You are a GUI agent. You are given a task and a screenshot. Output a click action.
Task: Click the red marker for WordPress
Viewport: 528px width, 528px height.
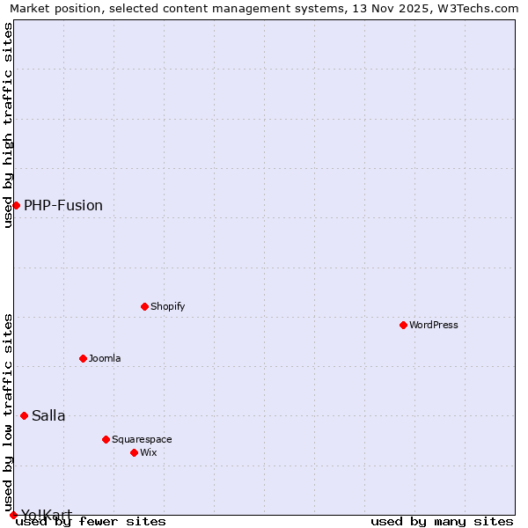tap(403, 325)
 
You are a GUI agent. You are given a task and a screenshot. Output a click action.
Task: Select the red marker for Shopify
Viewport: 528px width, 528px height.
tap(144, 306)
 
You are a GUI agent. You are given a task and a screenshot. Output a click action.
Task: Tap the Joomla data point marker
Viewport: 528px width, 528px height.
tap(83, 358)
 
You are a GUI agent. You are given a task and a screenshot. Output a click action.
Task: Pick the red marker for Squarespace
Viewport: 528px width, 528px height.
tap(106, 439)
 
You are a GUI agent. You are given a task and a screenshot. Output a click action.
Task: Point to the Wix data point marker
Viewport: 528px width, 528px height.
tap(134, 452)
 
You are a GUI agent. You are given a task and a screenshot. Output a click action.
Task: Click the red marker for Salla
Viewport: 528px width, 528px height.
tap(24, 415)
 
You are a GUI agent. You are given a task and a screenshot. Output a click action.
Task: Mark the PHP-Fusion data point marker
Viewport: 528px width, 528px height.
tap(16, 205)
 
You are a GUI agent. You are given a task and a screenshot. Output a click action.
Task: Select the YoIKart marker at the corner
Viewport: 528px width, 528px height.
tap(13, 515)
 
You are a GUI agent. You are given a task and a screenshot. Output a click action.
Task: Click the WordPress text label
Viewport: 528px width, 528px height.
tap(434, 325)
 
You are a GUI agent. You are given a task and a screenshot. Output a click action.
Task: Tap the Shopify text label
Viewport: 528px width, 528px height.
tap(167, 306)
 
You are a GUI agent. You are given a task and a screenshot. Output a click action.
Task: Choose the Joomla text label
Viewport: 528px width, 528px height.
tap(105, 358)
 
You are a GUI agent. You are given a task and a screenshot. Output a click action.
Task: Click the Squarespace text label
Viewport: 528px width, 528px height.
tap(142, 439)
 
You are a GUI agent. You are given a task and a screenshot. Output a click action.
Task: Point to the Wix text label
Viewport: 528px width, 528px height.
tap(148, 452)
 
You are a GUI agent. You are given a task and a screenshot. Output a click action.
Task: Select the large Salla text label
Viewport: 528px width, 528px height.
tap(48, 415)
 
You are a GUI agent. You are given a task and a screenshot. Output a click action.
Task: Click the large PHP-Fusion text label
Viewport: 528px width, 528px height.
tap(63, 205)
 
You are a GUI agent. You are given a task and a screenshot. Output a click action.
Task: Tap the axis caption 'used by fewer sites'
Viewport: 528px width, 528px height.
tap(91, 521)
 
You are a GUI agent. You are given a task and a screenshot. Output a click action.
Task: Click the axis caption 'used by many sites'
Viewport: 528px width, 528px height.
tap(442, 521)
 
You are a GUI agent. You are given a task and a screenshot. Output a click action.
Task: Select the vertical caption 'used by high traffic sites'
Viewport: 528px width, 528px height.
tap(8, 125)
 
